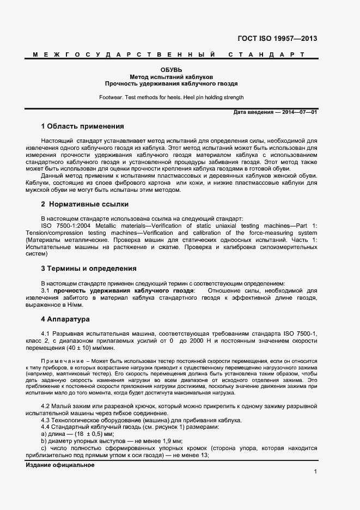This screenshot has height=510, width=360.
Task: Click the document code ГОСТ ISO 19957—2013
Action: (277, 39)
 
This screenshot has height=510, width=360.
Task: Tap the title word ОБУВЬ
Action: (171, 70)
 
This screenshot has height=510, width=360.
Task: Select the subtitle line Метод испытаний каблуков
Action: (171, 77)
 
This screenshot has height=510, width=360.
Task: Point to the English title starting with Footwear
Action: (171, 98)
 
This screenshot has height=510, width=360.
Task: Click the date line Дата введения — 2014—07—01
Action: (275, 112)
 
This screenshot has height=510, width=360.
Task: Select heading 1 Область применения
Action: (82, 126)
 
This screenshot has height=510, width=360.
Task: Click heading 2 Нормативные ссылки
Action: (84, 204)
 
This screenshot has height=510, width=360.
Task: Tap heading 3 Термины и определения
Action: (89, 269)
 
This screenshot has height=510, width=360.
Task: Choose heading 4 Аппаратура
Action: (65, 319)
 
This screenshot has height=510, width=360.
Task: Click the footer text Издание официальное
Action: (60, 465)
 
